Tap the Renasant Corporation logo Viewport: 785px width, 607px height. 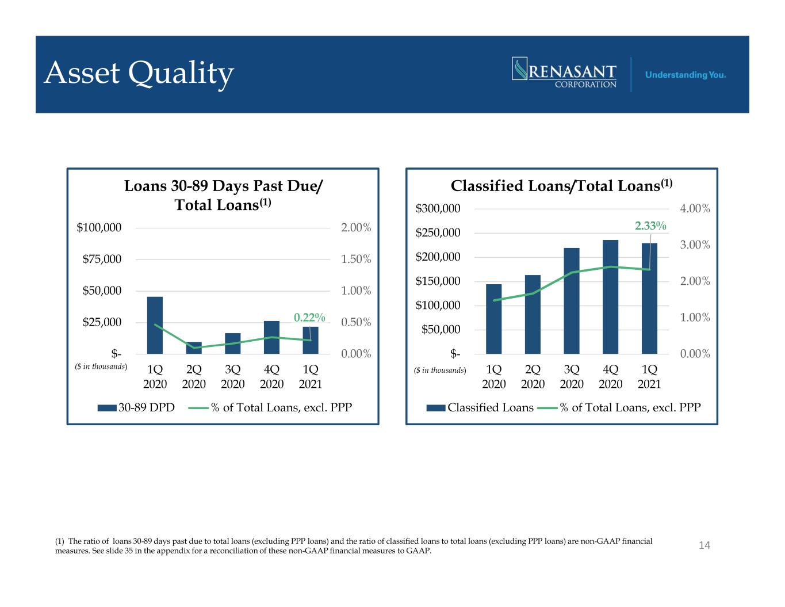tap(564, 72)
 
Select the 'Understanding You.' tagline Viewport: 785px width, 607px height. tap(686, 75)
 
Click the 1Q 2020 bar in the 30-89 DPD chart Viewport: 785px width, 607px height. tap(155, 325)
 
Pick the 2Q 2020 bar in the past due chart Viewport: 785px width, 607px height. tap(194, 348)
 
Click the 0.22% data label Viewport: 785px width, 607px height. tap(309, 317)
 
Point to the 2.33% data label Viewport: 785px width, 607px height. tap(650, 226)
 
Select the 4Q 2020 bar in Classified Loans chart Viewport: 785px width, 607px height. tap(610, 297)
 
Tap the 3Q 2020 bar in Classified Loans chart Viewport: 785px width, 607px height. tap(571, 300)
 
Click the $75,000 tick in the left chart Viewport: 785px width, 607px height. tap(102, 259)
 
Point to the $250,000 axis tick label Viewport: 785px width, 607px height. tap(438, 232)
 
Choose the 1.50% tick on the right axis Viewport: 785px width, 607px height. tap(356, 259)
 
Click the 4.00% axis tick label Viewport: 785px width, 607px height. tap(695, 208)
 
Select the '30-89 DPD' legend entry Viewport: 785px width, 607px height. tap(136, 407)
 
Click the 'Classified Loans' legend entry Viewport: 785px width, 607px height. tap(480, 407)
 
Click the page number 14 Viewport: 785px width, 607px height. tap(704, 545)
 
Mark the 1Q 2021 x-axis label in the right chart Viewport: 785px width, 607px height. tap(649, 376)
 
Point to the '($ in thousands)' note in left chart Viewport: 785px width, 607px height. tap(101, 367)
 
